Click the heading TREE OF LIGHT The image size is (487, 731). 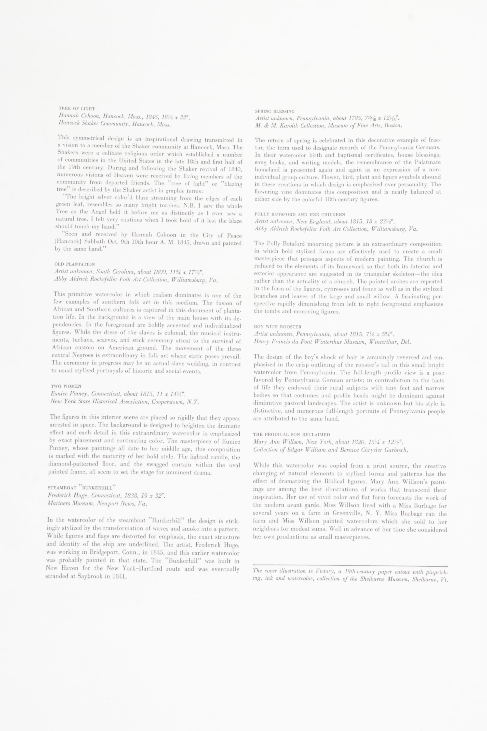tap(77, 109)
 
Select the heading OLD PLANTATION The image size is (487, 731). tap(75, 264)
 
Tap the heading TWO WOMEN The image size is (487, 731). tap(66, 386)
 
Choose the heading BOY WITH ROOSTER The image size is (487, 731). tap(273, 327)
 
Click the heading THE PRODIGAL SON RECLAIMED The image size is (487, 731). tap(291, 435)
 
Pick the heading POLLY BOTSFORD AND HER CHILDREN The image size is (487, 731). tap(300, 214)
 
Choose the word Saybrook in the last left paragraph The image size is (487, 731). tap(90, 577)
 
